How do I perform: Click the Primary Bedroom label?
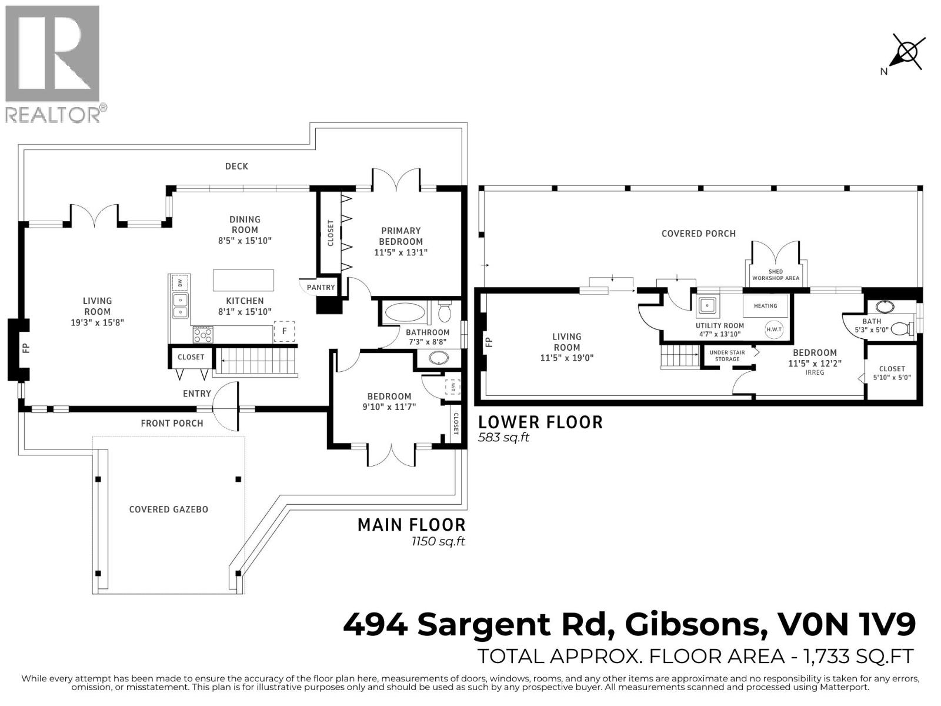(x=401, y=236)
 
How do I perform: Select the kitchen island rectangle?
(x=243, y=280)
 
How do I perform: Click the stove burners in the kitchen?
(x=203, y=335)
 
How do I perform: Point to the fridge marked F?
(x=285, y=331)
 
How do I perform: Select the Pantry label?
(x=321, y=288)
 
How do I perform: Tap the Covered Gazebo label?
(x=169, y=509)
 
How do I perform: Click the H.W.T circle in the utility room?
(x=774, y=329)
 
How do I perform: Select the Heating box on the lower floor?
(x=765, y=306)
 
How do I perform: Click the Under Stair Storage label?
(x=728, y=355)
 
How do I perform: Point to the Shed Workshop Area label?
(x=775, y=275)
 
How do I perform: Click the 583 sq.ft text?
(x=503, y=438)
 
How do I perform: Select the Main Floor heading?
(x=411, y=525)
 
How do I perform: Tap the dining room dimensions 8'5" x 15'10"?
(x=245, y=241)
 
